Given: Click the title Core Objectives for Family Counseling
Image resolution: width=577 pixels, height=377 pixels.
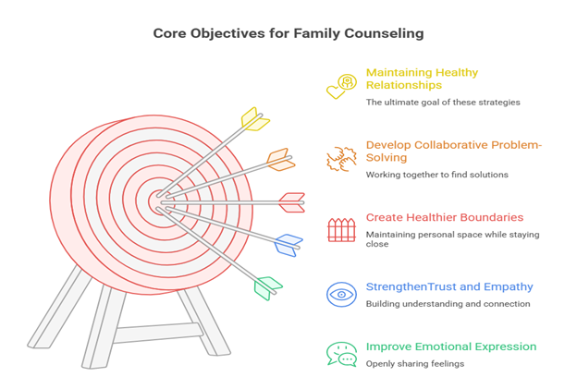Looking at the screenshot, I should coord(288,33).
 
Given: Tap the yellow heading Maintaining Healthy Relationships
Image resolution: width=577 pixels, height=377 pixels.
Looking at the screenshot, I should coord(421,79).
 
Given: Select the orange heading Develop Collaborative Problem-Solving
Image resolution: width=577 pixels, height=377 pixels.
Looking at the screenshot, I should coord(453,152).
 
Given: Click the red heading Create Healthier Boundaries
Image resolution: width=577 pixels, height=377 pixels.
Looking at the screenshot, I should coord(444,218).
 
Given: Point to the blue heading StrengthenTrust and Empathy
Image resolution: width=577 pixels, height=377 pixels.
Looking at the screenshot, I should coord(448,286).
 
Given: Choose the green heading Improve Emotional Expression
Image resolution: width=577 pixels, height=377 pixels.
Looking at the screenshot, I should coord(450,347).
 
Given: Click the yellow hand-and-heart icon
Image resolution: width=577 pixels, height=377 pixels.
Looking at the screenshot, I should coord(342,86).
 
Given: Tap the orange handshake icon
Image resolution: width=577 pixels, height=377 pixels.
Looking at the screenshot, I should coord(341,158).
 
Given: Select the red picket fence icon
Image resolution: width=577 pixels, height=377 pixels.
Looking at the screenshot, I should coord(341,229).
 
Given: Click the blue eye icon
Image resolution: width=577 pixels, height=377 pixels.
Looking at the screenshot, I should coord(341,295).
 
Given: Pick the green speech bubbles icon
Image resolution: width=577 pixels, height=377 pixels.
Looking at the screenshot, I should coord(341,354).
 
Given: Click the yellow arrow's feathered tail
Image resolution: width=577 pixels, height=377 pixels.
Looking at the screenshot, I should coord(254,120).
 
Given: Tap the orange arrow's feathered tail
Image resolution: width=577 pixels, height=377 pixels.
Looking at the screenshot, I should coord(280,160).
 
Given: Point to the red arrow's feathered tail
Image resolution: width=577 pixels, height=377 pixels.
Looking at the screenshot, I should coord(292,201).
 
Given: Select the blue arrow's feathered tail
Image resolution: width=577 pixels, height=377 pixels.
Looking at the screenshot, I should coord(288,245).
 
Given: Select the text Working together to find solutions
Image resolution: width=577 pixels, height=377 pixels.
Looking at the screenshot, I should coord(436,175).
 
